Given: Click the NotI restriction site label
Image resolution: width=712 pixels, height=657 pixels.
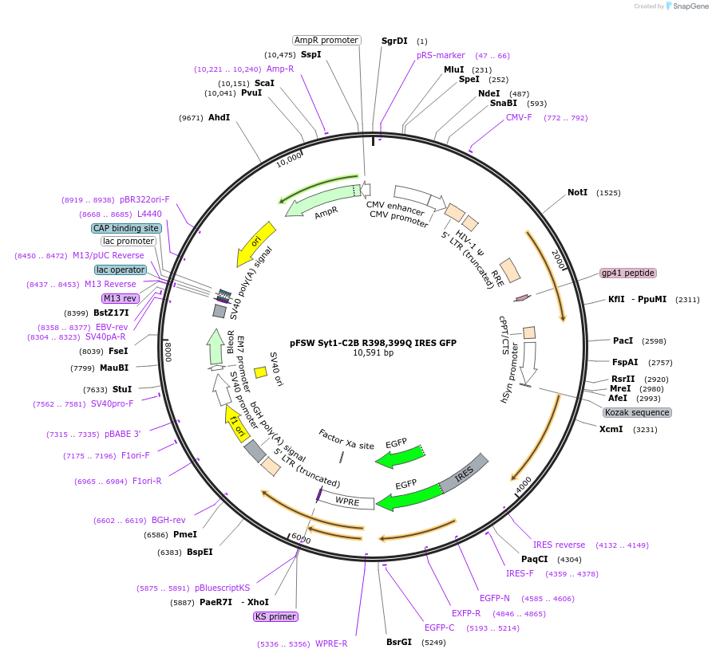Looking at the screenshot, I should coord(577,192).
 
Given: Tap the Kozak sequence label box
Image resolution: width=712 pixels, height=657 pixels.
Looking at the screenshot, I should coord(637,412).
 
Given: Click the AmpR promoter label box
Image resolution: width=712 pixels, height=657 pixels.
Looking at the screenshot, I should coord(326,40).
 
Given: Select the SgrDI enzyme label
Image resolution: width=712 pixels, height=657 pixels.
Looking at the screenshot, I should coord(394,41).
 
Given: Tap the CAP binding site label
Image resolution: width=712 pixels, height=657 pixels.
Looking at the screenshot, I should coord(126,228).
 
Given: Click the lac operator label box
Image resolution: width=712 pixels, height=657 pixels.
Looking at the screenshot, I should coord(121,269).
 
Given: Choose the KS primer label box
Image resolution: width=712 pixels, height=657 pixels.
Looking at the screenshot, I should coord(275,616).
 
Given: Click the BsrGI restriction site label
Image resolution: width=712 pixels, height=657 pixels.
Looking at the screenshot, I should coord(399,642).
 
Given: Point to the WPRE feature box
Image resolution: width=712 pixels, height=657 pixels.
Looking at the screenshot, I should coord(348,502).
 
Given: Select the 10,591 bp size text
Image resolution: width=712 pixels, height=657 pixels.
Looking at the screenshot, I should coord(373,352).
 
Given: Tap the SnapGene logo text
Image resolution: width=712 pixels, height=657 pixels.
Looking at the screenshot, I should coord(687,6).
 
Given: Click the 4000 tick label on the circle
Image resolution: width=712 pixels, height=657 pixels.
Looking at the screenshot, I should coord(523,484).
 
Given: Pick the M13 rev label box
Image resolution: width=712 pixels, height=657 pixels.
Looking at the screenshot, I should coord(120,298).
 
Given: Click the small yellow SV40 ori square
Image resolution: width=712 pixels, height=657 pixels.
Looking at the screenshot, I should coord(260,372).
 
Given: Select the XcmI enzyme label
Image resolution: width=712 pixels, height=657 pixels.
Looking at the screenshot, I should coord(612,429).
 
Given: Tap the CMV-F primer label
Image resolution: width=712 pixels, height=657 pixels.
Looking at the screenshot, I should coord(519,118).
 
